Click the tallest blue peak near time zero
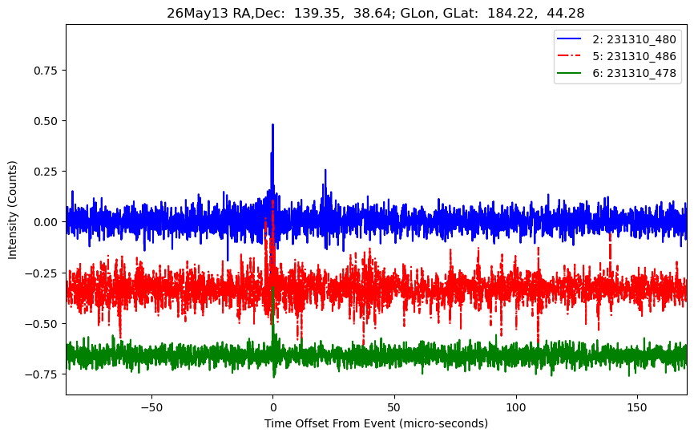pos(272,125)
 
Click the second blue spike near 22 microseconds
pos(325,171)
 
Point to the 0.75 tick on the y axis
pos(46,71)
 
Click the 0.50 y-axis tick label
pos(46,121)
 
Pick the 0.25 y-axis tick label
pos(46,172)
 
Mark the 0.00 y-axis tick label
pos(46,222)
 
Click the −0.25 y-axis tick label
pos(42,273)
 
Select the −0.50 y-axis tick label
pos(42,324)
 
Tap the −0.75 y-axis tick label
pos(42,374)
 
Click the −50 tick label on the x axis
pos(151,407)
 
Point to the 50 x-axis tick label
pos(394,407)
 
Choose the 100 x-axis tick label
pos(516,407)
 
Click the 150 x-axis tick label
pos(637,407)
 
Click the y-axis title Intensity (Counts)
pos(12,210)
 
